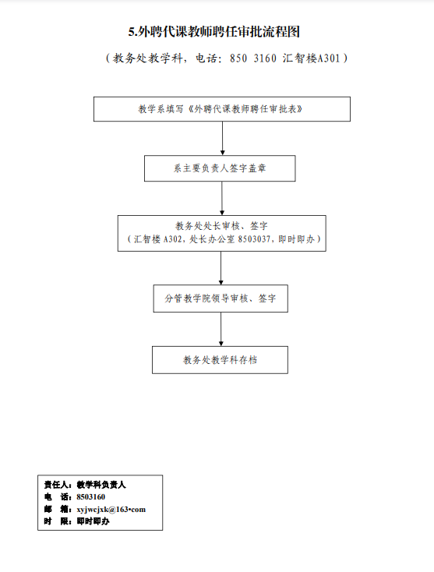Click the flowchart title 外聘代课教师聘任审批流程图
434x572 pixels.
coord(219,32)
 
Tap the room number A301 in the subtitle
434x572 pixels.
coord(329,58)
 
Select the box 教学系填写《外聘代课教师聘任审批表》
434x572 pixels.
coord(222,109)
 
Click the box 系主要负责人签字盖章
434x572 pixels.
coord(220,168)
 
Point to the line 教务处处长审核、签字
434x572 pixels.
coord(221,226)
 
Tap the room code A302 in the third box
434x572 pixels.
coord(172,239)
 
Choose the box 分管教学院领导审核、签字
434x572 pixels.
coord(221,298)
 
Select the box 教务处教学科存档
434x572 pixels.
coord(220,360)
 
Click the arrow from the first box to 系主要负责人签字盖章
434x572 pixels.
coord(223,138)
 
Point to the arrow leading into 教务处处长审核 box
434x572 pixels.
coord(222,198)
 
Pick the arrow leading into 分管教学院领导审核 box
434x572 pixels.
coord(221,268)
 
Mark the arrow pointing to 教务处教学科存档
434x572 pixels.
coord(221,329)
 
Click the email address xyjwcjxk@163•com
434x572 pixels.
coord(111,509)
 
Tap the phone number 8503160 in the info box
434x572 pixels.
coord(91,497)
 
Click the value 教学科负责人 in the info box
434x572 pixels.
coord(101,485)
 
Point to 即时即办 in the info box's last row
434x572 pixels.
coord(93,521)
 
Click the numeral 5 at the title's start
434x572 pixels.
coord(131,32)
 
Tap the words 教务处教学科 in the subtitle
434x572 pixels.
coord(148,58)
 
